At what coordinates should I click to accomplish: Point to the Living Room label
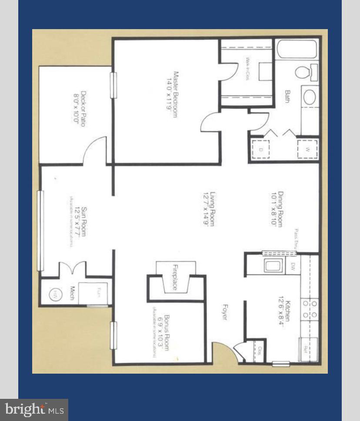210,209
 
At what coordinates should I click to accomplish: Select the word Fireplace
175,278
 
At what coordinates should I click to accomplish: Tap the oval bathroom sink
310,97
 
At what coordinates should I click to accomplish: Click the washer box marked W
307,150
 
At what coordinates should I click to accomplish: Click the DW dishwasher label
293,265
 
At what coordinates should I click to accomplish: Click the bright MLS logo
34,410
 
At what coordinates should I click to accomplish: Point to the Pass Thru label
296,239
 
